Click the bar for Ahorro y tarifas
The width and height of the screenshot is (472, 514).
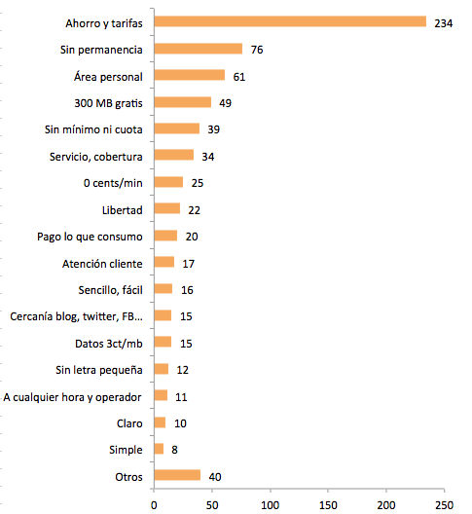point(290,21)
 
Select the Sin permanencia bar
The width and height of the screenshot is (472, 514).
point(198,49)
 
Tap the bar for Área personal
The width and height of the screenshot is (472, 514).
point(190,75)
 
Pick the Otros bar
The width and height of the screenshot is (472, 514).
point(177,475)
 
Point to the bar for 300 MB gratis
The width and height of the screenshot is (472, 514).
point(183,102)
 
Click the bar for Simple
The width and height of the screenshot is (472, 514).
point(159,449)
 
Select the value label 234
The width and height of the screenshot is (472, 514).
point(444,23)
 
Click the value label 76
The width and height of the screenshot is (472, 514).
point(257,50)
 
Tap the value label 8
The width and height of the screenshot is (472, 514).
point(174,450)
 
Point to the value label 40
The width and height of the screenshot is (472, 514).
point(215,477)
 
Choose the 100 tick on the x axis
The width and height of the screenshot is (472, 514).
point(271,505)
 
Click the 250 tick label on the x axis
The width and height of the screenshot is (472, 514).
point(444,505)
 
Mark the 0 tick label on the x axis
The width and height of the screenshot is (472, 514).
point(154,505)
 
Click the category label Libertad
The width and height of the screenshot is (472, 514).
point(123,210)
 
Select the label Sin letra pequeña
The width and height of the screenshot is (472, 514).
point(99,370)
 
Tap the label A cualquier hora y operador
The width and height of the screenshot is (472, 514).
point(72,397)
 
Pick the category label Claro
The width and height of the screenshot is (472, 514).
point(129,423)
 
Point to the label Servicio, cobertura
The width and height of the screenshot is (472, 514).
point(96,157)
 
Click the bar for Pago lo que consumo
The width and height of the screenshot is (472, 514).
point(165,236)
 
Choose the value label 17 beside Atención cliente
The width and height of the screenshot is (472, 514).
point(189,264)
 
